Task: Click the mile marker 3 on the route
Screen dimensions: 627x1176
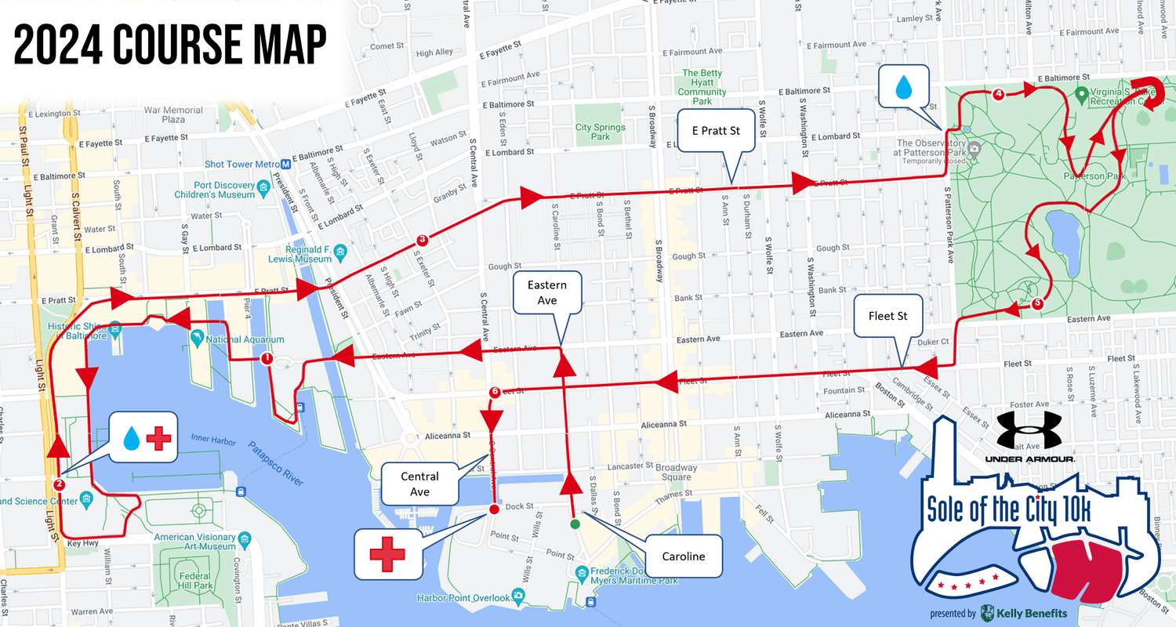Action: [422, 240]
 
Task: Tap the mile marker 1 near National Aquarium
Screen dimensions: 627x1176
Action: [266, 359]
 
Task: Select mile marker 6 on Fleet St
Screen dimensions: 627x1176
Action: [494, 392]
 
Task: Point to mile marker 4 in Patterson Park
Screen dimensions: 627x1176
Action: [998, 95]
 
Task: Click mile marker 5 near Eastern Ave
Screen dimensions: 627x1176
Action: [1038, 304]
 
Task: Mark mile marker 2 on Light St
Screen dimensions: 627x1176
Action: [60, 484]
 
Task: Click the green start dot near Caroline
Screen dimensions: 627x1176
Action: [575, 524]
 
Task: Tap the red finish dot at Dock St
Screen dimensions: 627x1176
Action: [494, 509]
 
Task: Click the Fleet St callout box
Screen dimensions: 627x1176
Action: [887, 317]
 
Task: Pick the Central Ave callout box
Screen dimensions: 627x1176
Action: [419, 484]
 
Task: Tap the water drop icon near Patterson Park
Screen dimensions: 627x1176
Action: [904, 86]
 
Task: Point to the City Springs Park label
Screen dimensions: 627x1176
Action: [600, 132]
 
